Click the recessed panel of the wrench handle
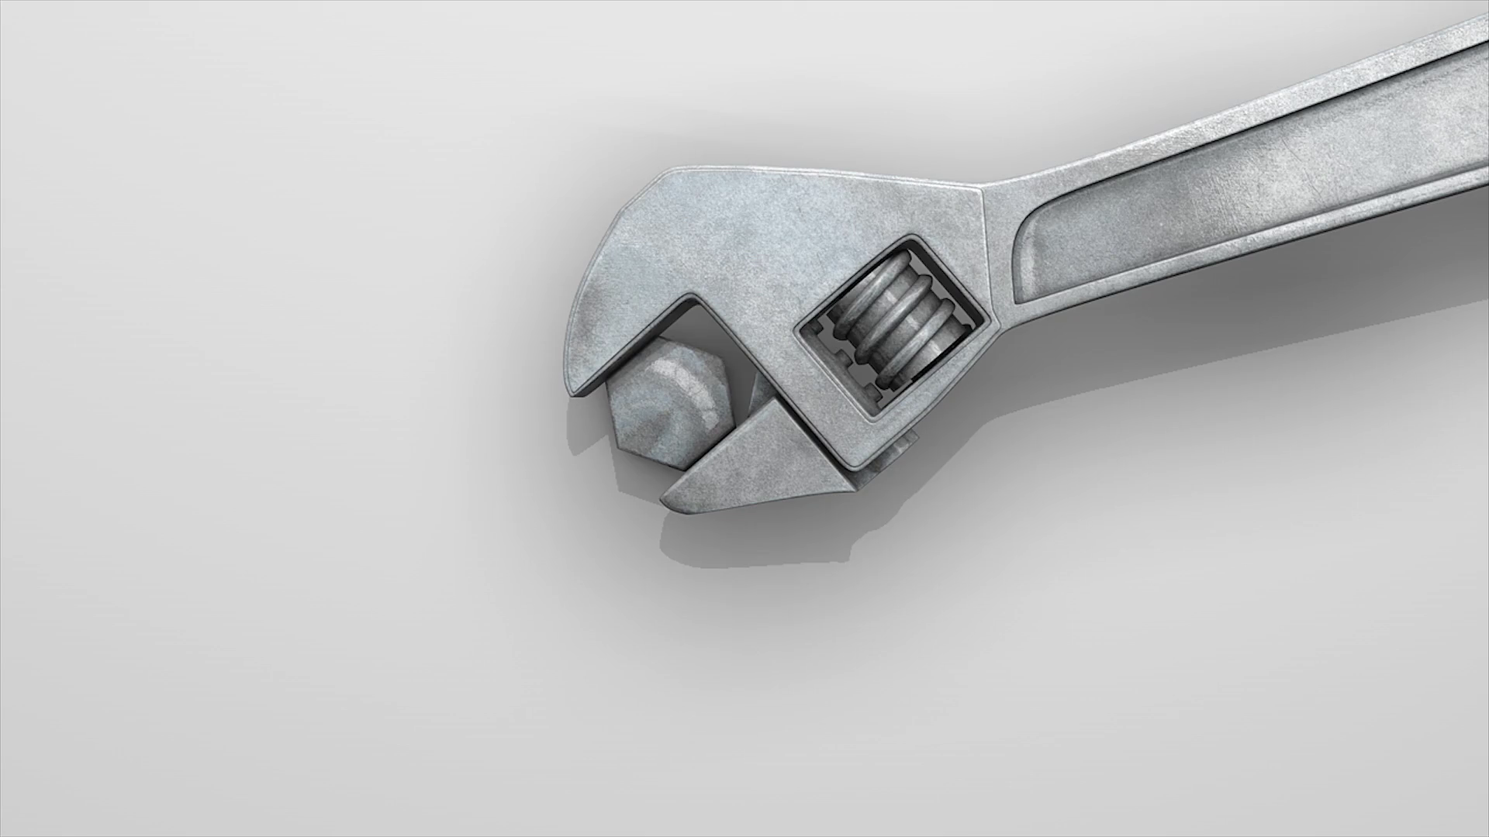(1241, 201)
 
